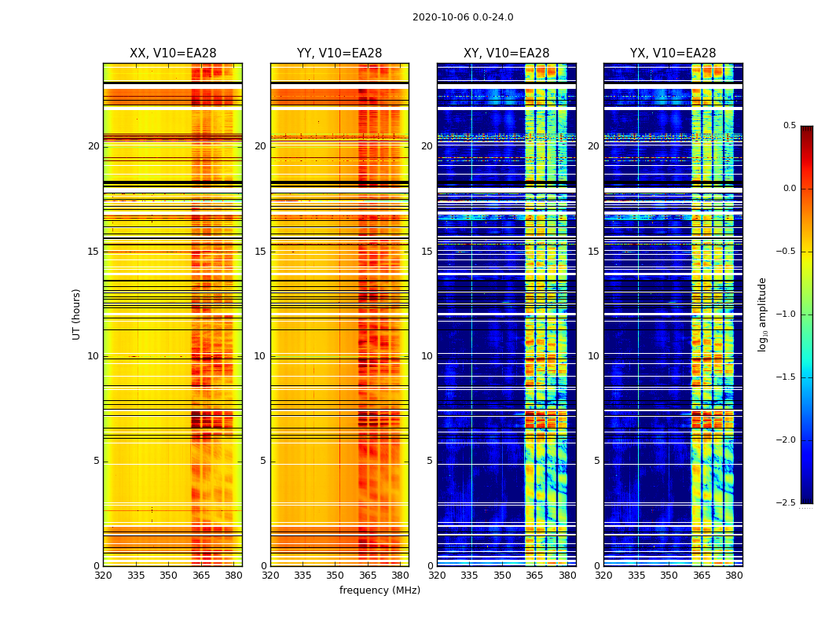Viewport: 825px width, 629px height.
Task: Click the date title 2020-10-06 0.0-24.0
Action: pyautogui.click(x=463, y=17)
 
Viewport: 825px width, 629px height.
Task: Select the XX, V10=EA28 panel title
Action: pyautogui.click(x=173, y=53)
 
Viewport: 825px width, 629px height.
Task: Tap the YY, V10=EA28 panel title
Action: pyautogui.click(x=339, y=53)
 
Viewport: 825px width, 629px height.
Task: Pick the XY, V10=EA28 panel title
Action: pyautogui.click(x=506, y=53)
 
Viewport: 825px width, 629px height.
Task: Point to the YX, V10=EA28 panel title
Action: pyautogui.click(x=673, y=53)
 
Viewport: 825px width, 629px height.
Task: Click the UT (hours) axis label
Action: pyautogui.click(x=76, y=314)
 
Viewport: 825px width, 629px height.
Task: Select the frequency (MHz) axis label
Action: pyautogui.click(x=379, y=590)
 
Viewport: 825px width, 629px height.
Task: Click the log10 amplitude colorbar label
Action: pyautogui.click(x=762, y=314)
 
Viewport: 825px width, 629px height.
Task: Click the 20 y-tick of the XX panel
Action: pyautogui.click(x=93, y=146)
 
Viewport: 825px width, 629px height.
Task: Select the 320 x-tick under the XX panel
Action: pyautogui.click(x=103, y=576)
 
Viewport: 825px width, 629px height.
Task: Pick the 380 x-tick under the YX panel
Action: pyautogui.click(x=734, y=576)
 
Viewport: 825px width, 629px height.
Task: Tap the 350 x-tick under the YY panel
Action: pyautogui.click(x=335, y=576)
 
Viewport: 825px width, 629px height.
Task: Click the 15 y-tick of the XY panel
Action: pyautogui.click(x=427, y=252)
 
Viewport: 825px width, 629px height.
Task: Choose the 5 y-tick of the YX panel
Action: pyautogui.click(x=596, y=461)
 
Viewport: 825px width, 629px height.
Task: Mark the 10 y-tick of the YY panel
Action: pyautogui.click(x=260, y=356)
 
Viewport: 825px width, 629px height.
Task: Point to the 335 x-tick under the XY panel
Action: pyautogui.click(x=470, y=576)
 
